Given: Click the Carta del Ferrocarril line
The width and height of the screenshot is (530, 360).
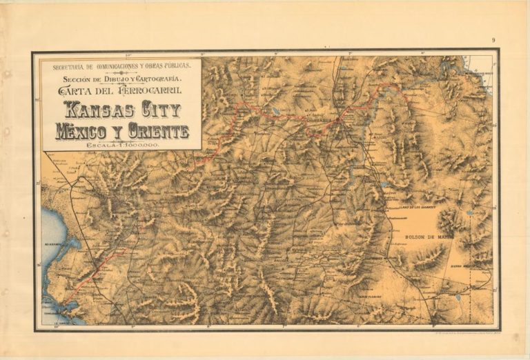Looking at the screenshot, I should pos(121,90).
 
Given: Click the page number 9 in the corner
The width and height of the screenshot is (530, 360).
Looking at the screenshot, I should pos(493,40).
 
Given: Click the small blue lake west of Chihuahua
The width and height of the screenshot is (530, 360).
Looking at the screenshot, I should pos(276,110).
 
